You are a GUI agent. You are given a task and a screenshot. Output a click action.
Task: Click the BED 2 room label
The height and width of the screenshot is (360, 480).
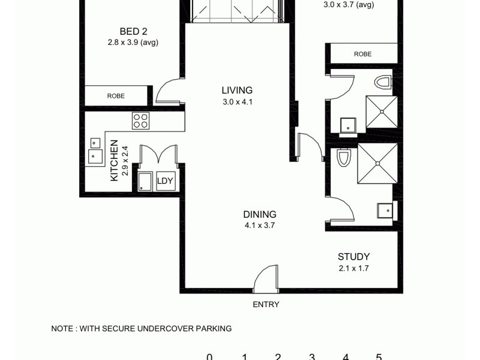tap(133, 32)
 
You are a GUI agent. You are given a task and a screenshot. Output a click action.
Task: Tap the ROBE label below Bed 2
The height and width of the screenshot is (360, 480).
tap(116, 95)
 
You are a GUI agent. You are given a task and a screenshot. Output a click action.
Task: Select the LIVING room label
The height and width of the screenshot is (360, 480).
tap(238, 91)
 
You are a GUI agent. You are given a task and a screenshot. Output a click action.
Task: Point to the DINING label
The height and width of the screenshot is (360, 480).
tap(259, 214)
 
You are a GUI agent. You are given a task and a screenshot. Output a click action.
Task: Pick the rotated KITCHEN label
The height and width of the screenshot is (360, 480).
tap(114, 161)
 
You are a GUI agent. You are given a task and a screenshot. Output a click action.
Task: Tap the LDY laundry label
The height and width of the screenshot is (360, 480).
tap(165, 181)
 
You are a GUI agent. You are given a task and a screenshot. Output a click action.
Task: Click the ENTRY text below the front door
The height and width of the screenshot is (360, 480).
tap(266, 304)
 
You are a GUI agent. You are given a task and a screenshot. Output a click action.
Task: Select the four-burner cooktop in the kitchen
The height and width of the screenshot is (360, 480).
tap(140, 121)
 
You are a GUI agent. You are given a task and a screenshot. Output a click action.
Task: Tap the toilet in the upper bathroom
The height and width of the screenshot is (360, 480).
tap(382, 83)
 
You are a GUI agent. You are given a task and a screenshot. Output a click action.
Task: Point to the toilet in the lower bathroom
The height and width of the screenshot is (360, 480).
tap(343, 158)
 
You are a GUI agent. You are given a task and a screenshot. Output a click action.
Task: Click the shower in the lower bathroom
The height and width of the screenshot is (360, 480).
tap(377, 163)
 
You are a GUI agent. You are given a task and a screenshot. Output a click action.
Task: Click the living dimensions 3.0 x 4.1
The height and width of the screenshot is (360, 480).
tap(238, 102)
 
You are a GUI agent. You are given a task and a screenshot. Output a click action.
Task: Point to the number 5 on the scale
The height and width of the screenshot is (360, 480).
tap(379, 357)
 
